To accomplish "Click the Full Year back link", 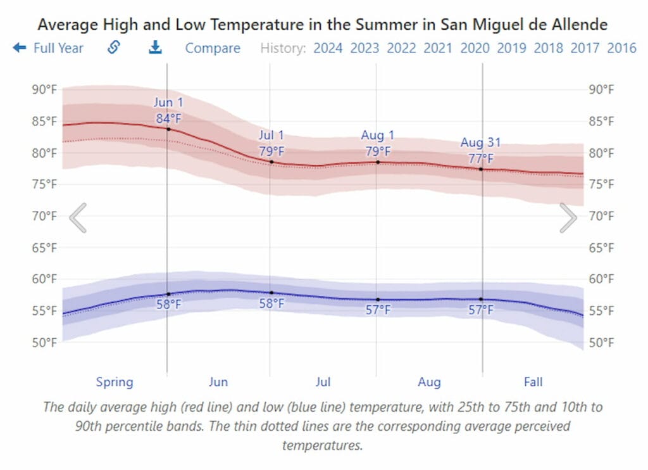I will pyautogui.click(x=49, y=48).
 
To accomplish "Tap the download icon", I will pyautogui.click(x=155, y=48).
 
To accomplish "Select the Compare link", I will pyautogui.click(x=213, y=48).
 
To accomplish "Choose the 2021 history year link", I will pyautogui.click(x=438, y=48).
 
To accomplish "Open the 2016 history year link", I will pyautogui.click(x=621, y=48).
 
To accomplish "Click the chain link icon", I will pyautogui.click(x=114, y=48).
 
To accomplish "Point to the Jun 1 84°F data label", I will pyautogui.click(x=168, y=110).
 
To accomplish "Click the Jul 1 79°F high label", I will pyautogui.click(x=271, y=144).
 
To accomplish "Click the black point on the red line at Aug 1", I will pyautogui.click(x=378, y=162).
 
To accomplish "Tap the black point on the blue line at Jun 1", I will pyautogui.click(x=168, y=294).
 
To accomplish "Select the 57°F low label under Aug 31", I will pyautogui.click(x=481, y=310).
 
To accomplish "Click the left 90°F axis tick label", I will pyautogui.click(x=44, y=89).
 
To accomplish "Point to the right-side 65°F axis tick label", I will pyautogui.click(x=601, y=248).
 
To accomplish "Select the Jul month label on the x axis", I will pyautogui.click(x=323, y=382).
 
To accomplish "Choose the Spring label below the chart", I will pyautogui.click(x=115, y=382).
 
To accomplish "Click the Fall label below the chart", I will pyautogui.click(x=533, y=382).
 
